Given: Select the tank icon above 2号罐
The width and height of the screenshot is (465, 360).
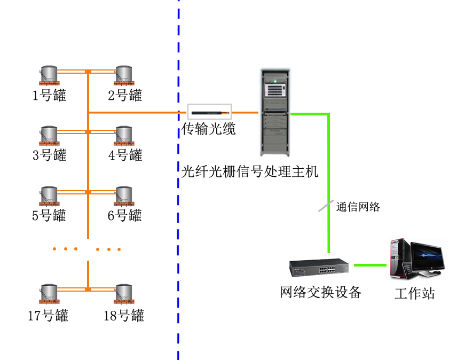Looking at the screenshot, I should pyautogui.click(x=124, y=76).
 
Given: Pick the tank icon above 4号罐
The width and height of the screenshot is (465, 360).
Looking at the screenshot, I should pyautogui.click(x=124, y=136).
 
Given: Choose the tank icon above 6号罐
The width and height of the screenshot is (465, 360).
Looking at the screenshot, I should pyautogui.click(x=124, y=196).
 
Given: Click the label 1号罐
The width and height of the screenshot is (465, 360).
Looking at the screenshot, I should pyautogui.click(x=49, y=96).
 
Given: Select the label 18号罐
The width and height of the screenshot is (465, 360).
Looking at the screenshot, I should pyautogui.click(x=124, y=315).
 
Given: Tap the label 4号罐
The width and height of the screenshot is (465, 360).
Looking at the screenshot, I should pyautogui.click(x=125, y=156).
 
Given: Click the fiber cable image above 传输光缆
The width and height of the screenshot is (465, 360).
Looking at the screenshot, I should pyautogui.click(x=209, y=113).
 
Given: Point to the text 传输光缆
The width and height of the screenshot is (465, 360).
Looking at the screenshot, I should pyautogui.click(x=209, y=129).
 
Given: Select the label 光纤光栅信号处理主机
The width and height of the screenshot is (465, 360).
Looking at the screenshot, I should pyautogui.click(x=250, y=172).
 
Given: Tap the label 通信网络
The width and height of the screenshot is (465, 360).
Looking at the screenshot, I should pyautogui.click(x=358, y=207).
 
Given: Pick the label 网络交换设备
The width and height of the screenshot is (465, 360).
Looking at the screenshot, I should pyautogui.click(x=321, y=292).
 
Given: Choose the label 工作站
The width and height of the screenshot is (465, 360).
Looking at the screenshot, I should pyautogui.click(x=414, y=293).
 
